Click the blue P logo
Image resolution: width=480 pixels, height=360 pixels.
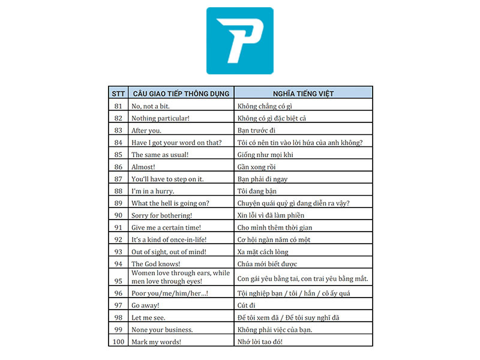pyautogui.click(x=239, y=41)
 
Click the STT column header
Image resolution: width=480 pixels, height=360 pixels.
pyautogui.click(x=118, y=94)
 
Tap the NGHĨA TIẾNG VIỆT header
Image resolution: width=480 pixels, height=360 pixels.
pyautogui.click(x=303, y=94)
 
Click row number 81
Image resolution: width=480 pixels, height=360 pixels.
pyautogui.click(x=118, y=106)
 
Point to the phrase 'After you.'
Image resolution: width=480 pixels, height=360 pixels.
pyautogui.click(x=146, y=130)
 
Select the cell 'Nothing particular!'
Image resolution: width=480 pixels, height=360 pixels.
pyautogui.click(x=160, y=118)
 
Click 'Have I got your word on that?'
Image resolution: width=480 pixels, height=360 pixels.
pyautogui.click(x=176, y=142)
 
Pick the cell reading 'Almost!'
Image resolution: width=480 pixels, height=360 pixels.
pyautogui.click(x=143, y=167)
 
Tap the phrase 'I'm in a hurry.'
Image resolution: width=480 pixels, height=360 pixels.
pyautogui.click(x=153, y=191)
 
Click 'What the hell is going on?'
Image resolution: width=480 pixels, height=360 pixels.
pyautogui.click(x=170, y=203)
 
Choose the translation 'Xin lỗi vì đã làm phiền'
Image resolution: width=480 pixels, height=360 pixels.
pyautogui.click(x=271, y=215)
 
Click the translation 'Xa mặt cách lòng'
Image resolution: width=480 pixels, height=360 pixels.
pyautogui.click(x=263, y=251)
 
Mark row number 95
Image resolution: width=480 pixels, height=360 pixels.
pyautogui.click(x=118, y=278)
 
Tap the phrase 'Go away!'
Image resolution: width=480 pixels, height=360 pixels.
pyautogui.click(x=145, y=305)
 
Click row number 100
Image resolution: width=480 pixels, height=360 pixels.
pyautogui.click(x=118, y=342)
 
